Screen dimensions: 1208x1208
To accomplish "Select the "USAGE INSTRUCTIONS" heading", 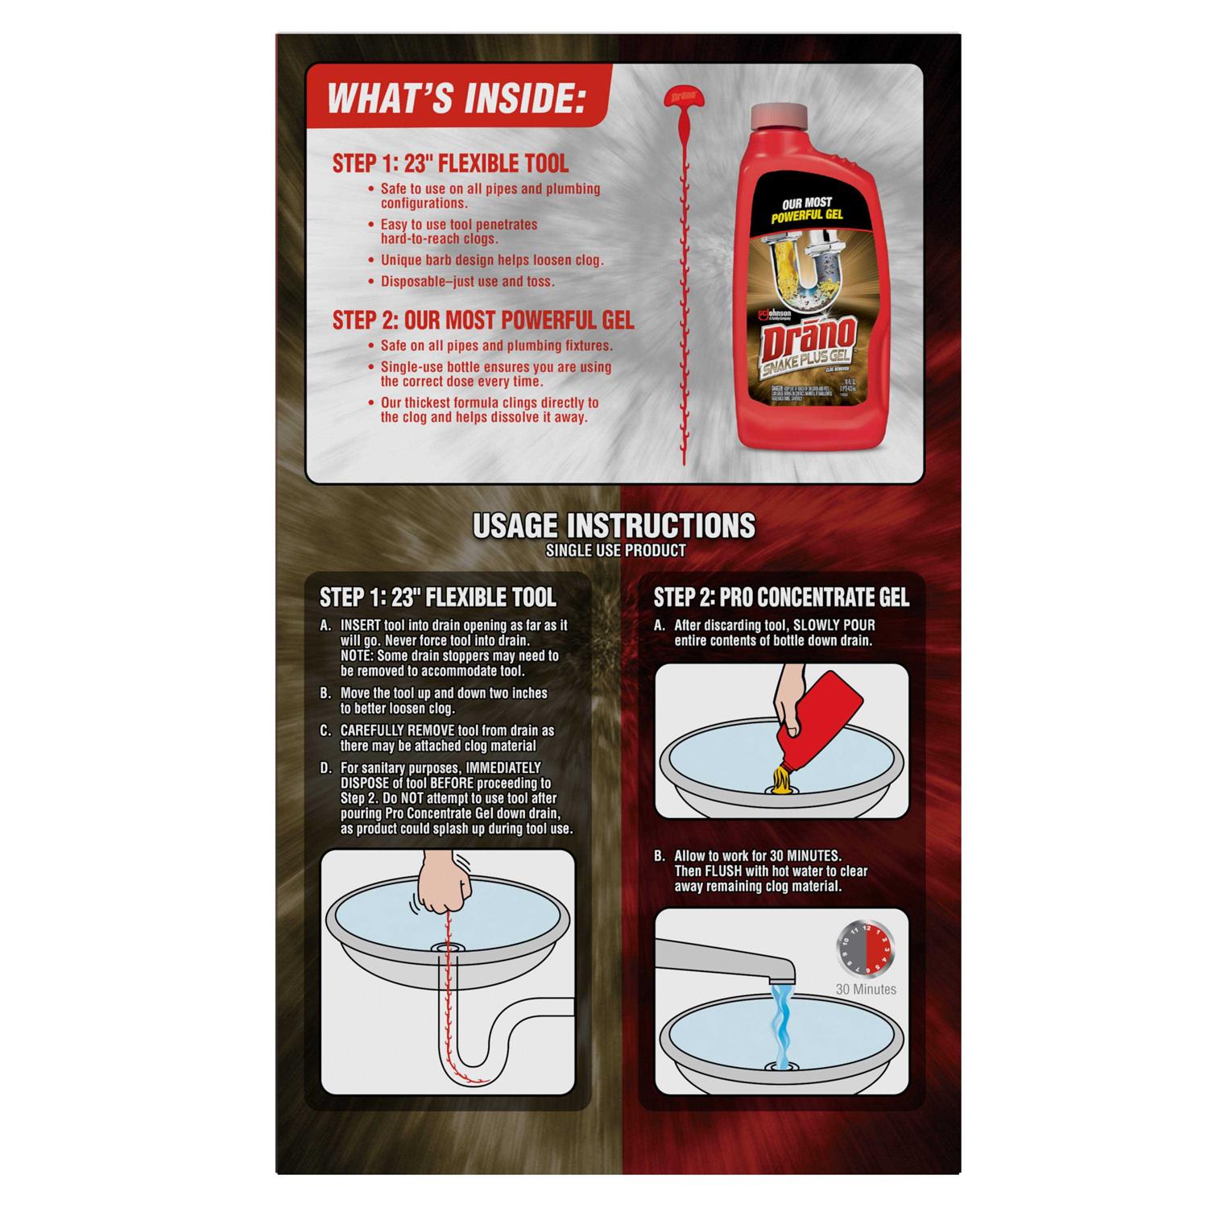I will pyautogui.click(x=614, y=526).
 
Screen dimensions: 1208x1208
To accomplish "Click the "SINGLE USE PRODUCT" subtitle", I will pyautogui.click(x=615, y=551).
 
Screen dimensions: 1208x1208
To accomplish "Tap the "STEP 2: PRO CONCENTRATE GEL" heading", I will pyautogui.click(x=780, y=598).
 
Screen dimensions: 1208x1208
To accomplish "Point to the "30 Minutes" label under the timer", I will pyautogui.click(x=866, y=989).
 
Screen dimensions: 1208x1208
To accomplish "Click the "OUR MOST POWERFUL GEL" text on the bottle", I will pyautogui.click(x=801, y=210).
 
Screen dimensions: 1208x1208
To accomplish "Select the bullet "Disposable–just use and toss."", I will pyautogui.click(x=467, y=282).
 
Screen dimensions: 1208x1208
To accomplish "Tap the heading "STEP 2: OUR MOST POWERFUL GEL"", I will pyautogui.click(x=483, y=321).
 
